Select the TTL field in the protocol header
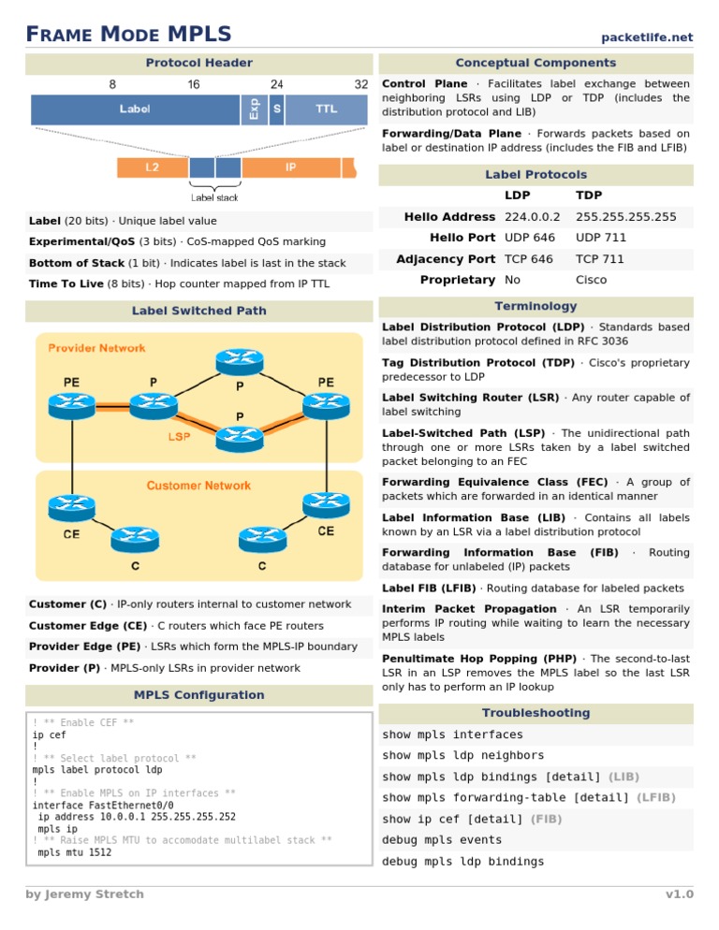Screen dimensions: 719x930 326,109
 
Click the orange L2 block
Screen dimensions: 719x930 151,167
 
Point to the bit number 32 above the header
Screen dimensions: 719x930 361,84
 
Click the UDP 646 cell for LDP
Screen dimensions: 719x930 530,238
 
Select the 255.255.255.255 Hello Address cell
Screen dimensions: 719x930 626,217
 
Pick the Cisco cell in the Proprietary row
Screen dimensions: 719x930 592,280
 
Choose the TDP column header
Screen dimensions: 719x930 589,196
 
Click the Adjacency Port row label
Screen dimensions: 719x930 446,259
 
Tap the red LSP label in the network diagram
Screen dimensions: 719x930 180,436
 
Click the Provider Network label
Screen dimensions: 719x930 97,348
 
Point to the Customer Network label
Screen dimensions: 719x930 198,486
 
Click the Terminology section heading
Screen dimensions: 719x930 536,306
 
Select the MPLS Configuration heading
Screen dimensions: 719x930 198,695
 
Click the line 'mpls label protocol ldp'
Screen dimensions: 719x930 97,770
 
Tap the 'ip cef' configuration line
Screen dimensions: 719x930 50,735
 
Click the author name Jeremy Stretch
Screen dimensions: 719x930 85,894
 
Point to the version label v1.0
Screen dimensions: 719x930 680,894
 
